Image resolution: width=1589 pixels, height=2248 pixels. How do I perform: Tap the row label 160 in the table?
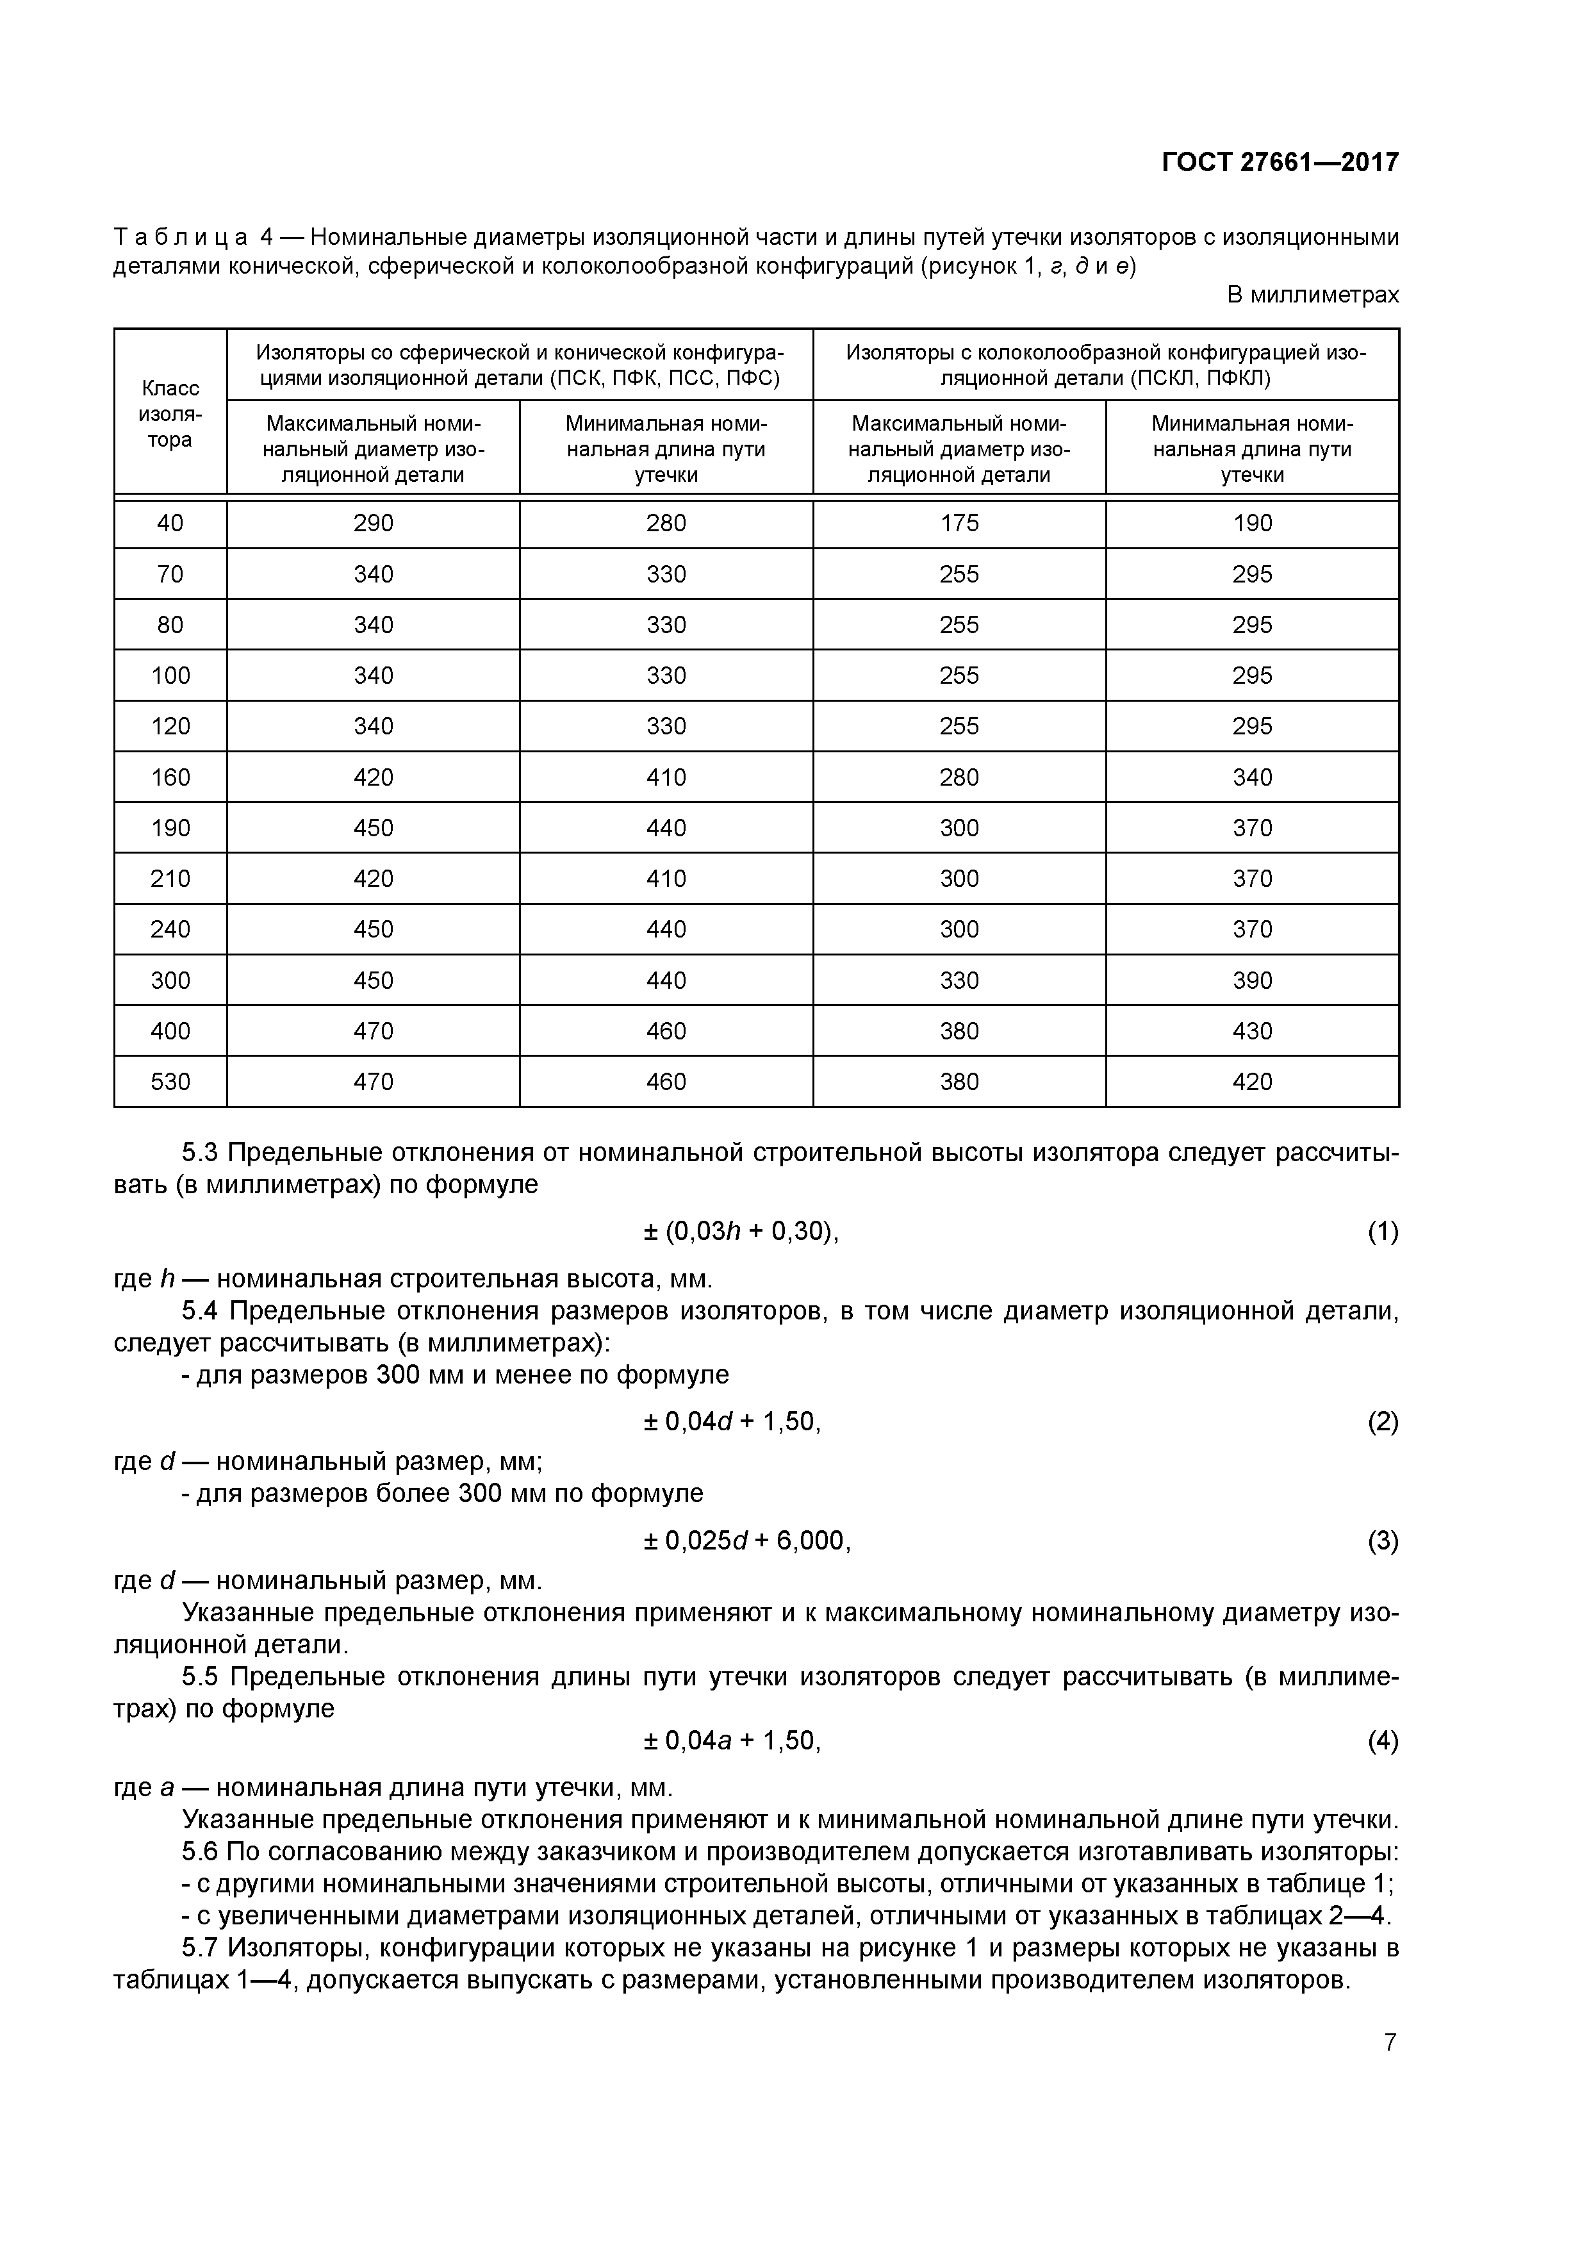(x=170, y=777)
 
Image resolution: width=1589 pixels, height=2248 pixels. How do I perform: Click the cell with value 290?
(x=373, y=524)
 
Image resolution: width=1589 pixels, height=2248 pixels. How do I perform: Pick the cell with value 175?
(x=959, y=524)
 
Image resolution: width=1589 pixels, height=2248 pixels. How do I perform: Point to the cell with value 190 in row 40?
(x=1252, y=524)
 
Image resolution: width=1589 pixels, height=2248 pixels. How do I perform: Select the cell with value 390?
(x=1252, y=980)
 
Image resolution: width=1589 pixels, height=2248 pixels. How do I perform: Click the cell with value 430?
(x=1252, y=1031)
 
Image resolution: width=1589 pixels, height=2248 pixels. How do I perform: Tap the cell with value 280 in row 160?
(x=959, y=777)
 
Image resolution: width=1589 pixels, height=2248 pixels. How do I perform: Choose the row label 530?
(x=170, y=1082)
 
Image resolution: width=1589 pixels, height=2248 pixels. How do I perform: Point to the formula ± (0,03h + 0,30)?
(x=741, y=1232)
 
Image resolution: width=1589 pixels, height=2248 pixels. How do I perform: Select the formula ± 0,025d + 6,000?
(x=747, y=1541)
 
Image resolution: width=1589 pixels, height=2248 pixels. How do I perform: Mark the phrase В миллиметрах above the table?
(x=1312, y=295)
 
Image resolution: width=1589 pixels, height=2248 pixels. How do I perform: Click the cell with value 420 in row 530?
(x=1252, y=1082)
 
